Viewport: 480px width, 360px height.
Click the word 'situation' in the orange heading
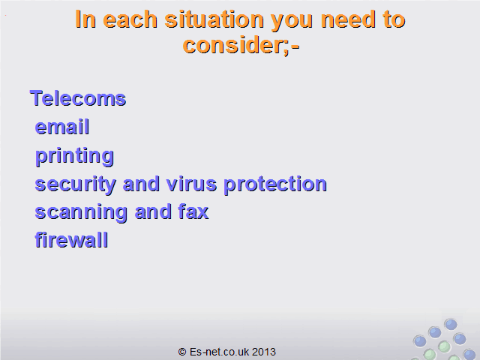(x=214, y=19)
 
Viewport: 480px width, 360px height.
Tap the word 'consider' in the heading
(x=235, y=45)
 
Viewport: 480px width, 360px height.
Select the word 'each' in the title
(x=130, y=19)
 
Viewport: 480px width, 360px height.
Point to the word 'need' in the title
(x=348, y=19)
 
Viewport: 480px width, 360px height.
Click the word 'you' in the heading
(x=292, y=22)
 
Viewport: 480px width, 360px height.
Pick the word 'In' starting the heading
(x=85, y=19)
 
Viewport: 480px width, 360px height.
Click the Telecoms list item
(x=78, y=98)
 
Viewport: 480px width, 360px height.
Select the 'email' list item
(x=62, y=127)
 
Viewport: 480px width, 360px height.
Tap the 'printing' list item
(x=75, y=157)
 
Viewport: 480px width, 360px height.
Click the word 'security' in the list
(x=75, y=185)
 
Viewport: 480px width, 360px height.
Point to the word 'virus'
(x=192, y=184)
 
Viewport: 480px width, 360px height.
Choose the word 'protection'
(x=275, y=185)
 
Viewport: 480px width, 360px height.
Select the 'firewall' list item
(x=71, y=239)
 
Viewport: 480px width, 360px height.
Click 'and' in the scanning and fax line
(x=153, y=211)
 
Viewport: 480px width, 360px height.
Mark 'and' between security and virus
(x=141, y=184)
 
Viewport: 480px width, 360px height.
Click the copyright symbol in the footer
(x=182, y=352)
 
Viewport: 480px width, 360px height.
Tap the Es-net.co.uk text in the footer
(x=219, y=352)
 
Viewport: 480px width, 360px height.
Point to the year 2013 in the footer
(x=264, y=352)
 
